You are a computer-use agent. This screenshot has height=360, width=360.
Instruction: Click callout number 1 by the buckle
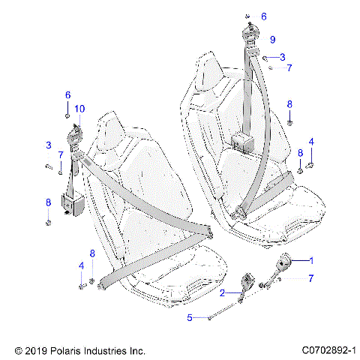pos(312,259)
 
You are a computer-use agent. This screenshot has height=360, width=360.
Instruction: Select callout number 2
pos(222,294)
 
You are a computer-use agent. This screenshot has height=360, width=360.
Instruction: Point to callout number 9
pos(272,39)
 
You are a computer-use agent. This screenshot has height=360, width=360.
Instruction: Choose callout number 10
pos(79,109)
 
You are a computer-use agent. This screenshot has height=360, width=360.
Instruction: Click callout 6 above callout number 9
pos(263,16)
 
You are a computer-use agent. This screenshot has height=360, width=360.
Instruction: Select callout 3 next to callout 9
pos(282,56)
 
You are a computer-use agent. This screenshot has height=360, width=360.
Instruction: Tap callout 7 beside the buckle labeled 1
pos(310,279)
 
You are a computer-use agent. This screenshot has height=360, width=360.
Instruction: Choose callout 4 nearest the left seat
pos(81,265)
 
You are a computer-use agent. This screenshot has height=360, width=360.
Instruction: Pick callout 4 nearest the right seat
pos(312,142)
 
